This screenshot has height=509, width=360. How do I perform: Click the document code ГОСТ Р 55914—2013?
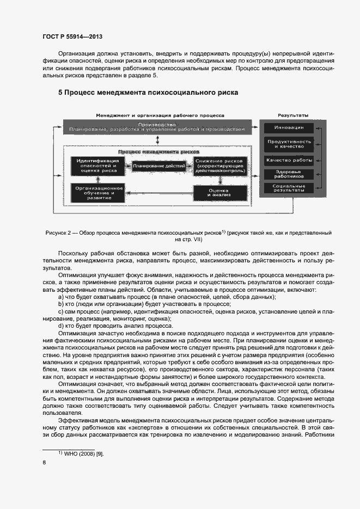click(x=72, y=36)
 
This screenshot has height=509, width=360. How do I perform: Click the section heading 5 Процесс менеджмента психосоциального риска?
click(x=148, y=93)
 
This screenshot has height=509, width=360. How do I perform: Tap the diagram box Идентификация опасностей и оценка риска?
click(x=96, y=165)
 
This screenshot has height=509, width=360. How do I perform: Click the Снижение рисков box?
click(x=219, y=166)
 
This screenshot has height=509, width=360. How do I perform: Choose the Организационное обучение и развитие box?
click(x=96, y=193)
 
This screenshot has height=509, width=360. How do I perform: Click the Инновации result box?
click(x=289, y=128)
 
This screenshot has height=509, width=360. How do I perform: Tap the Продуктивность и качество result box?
click(x=289, y=144)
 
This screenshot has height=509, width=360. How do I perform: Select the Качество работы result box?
click(x=289, y=160)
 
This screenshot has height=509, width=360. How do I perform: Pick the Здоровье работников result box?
click(x=289, y=174)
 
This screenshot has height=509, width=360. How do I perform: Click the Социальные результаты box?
click(x=289, y=188)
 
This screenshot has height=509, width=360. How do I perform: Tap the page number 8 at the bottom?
click(x=44, y=463)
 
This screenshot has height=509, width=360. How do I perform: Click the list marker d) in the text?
click(x=60, y=326)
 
